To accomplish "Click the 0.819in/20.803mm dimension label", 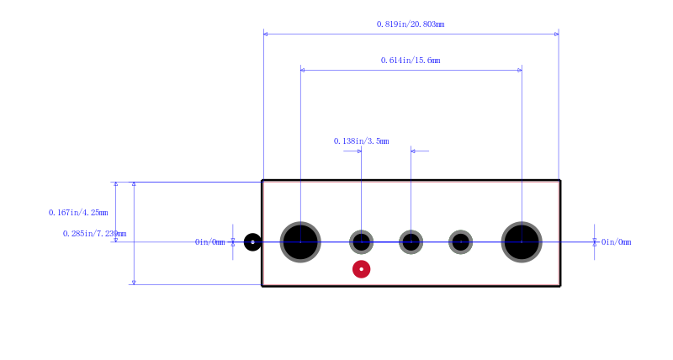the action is (411, 24).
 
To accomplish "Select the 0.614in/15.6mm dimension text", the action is (411, 60).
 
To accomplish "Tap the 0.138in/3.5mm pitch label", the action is (362, 140).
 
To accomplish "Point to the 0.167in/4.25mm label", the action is (78, 213).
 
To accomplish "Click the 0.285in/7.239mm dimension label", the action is (94, 234).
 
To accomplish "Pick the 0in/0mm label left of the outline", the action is (209, 242).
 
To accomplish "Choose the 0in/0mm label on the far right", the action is (616, 242).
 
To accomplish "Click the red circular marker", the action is (362, 269).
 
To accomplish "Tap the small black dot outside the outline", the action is (252, 242).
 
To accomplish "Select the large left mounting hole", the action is (300, 242).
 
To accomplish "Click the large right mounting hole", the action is (522, 242).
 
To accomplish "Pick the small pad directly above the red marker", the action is (362, 242).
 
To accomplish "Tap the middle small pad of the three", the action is (411, 242).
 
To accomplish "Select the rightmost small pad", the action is (460, 242).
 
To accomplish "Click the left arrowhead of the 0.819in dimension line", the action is (265, 34).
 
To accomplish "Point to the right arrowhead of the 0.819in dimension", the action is (557, 34).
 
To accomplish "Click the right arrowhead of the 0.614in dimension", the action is (520, 70).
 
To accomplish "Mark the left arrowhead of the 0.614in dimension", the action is (303, 70).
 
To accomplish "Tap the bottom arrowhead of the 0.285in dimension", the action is (134, 283).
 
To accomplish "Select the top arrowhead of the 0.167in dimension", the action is (115, 184).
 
